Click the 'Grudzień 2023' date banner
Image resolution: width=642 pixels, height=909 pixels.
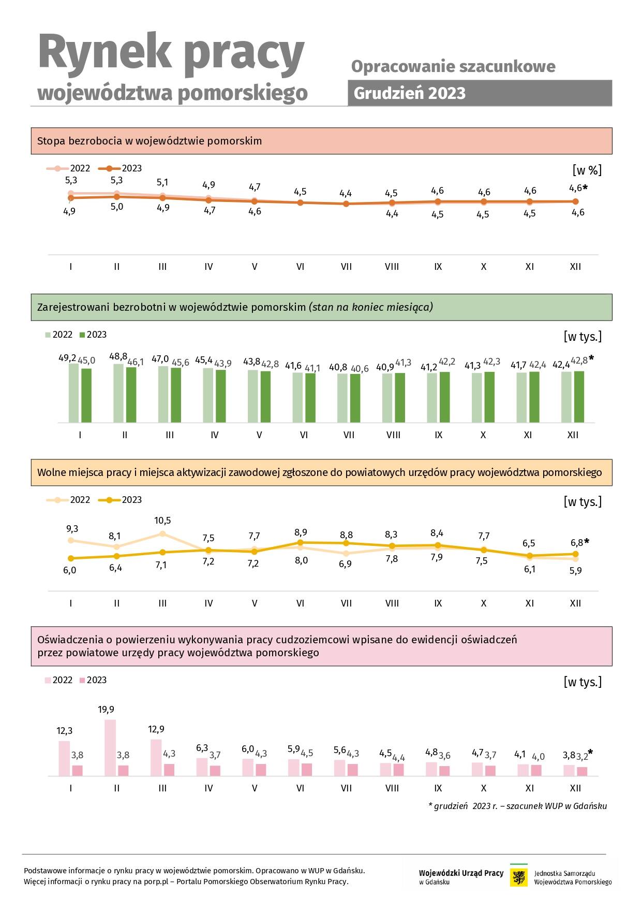click(480, 93)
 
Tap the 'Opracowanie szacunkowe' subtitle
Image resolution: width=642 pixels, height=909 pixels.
click(453, 66)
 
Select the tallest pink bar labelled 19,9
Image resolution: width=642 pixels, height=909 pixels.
click(110, 747)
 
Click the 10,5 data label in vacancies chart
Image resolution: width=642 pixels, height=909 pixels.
click(162, 521)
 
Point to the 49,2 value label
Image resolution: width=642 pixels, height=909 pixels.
click(67, 358)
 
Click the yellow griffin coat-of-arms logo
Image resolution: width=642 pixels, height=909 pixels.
click(519, 877)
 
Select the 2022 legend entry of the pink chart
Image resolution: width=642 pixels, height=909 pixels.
click(58, 680)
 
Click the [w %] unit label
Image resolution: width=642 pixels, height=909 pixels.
click(587, 170)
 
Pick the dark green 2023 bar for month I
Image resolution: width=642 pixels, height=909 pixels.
click(86, 396)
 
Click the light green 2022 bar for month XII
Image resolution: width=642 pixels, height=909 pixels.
click(566, 397)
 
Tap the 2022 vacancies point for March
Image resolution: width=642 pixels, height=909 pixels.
click(162, 533)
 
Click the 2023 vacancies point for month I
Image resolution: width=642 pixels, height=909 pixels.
click(71, 558)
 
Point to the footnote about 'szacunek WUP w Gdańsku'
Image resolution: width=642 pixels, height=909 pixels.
click(518, 806)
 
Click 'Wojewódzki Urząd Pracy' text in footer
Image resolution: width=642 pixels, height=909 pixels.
click(461, 873)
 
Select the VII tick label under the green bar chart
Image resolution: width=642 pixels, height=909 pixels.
click(349, 435)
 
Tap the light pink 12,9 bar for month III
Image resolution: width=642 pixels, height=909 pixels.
click(156, 758)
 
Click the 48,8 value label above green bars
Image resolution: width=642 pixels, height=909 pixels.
click(118, 356)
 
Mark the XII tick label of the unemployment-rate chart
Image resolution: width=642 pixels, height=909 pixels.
click(575, 267)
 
